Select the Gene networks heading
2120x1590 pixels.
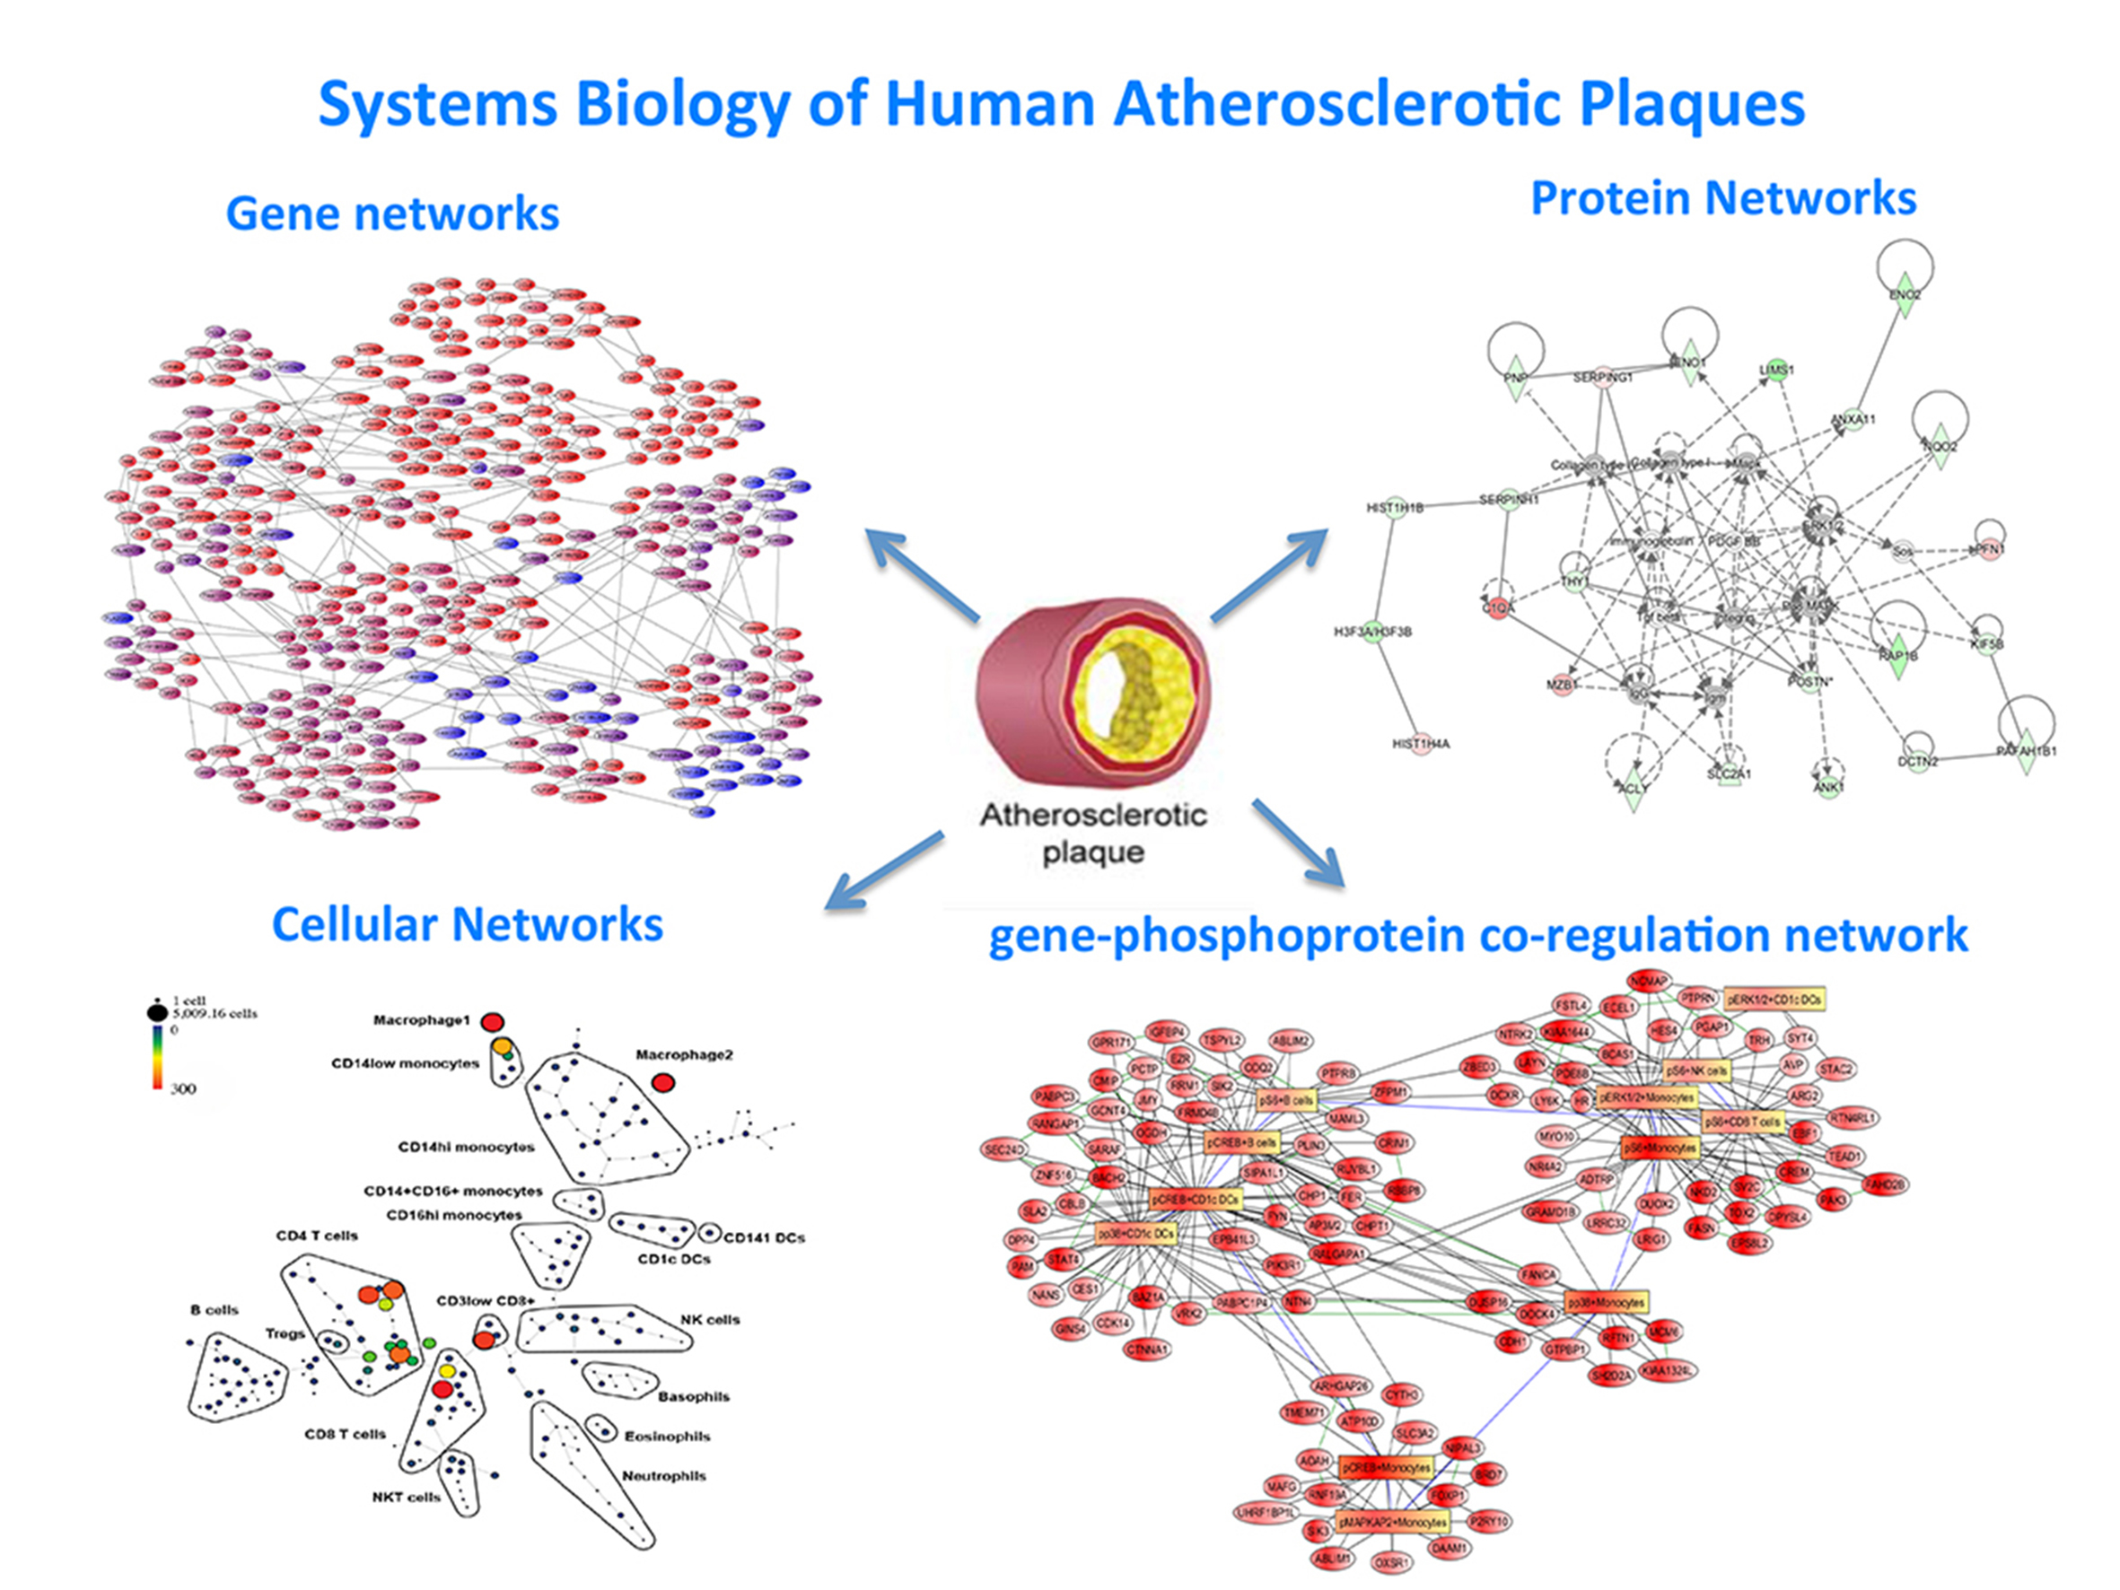[392, 213]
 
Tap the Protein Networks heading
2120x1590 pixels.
[1723, 197]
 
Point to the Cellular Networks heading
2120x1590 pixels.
[467, 924]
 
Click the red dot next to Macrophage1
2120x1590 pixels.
[492, 1022]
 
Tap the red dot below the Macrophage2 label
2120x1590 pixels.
[662, 1083]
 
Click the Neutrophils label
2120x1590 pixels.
[664, 1476]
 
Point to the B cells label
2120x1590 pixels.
[214, 1310]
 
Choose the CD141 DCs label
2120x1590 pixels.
[764, 1237]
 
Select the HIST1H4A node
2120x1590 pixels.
[1422, 744]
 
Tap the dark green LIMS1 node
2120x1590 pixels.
[1776, 371]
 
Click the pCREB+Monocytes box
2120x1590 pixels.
[1385, 1467]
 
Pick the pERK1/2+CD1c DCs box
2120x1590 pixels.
[1774, 999]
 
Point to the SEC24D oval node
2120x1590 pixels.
[1004, 1149]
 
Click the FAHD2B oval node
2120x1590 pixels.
[1885, 1184]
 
